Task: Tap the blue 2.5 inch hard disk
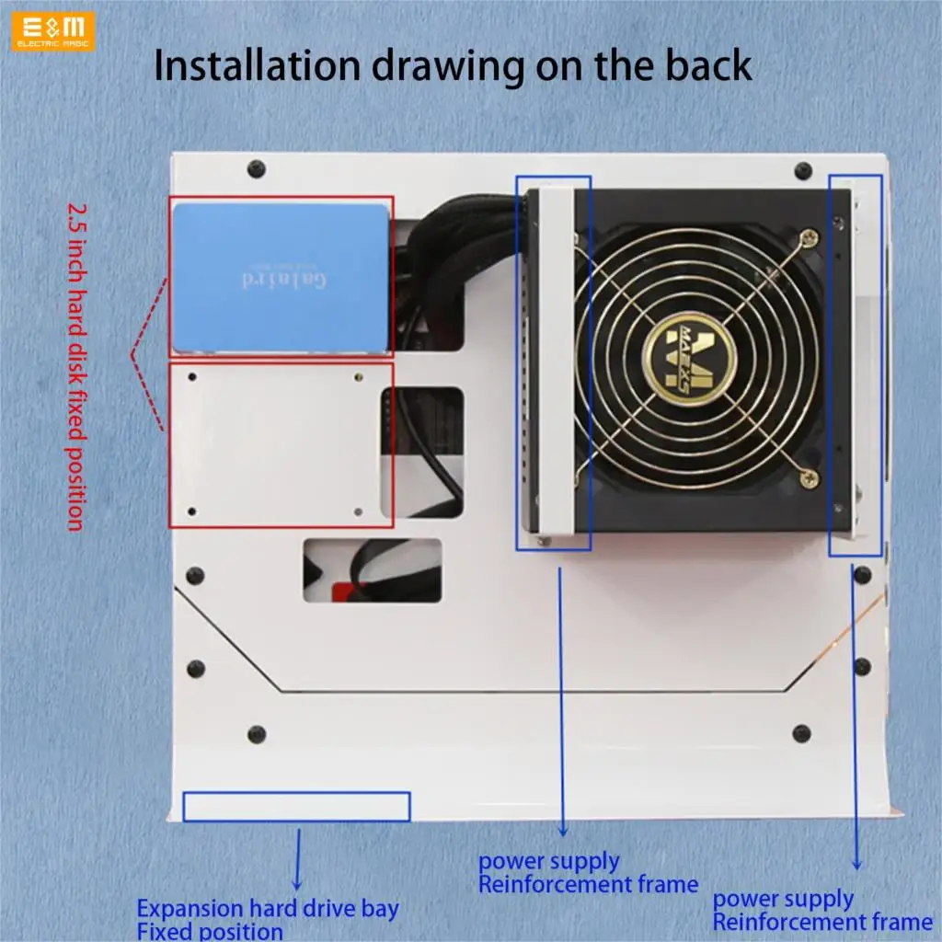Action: [x=281, y=278]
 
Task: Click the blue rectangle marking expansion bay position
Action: [x=296, y=806]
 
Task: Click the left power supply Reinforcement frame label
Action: [x=588, y=873]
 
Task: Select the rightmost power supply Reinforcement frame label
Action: [x=822, y=910]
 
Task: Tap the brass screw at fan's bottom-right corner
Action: [x=808, y=476]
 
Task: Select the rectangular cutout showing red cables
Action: [x=373, y=570]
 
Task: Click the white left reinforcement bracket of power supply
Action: [x=552, y=363]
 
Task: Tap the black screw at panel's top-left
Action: [x=257, y=169]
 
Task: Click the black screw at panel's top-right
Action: [x=803, y=171]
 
